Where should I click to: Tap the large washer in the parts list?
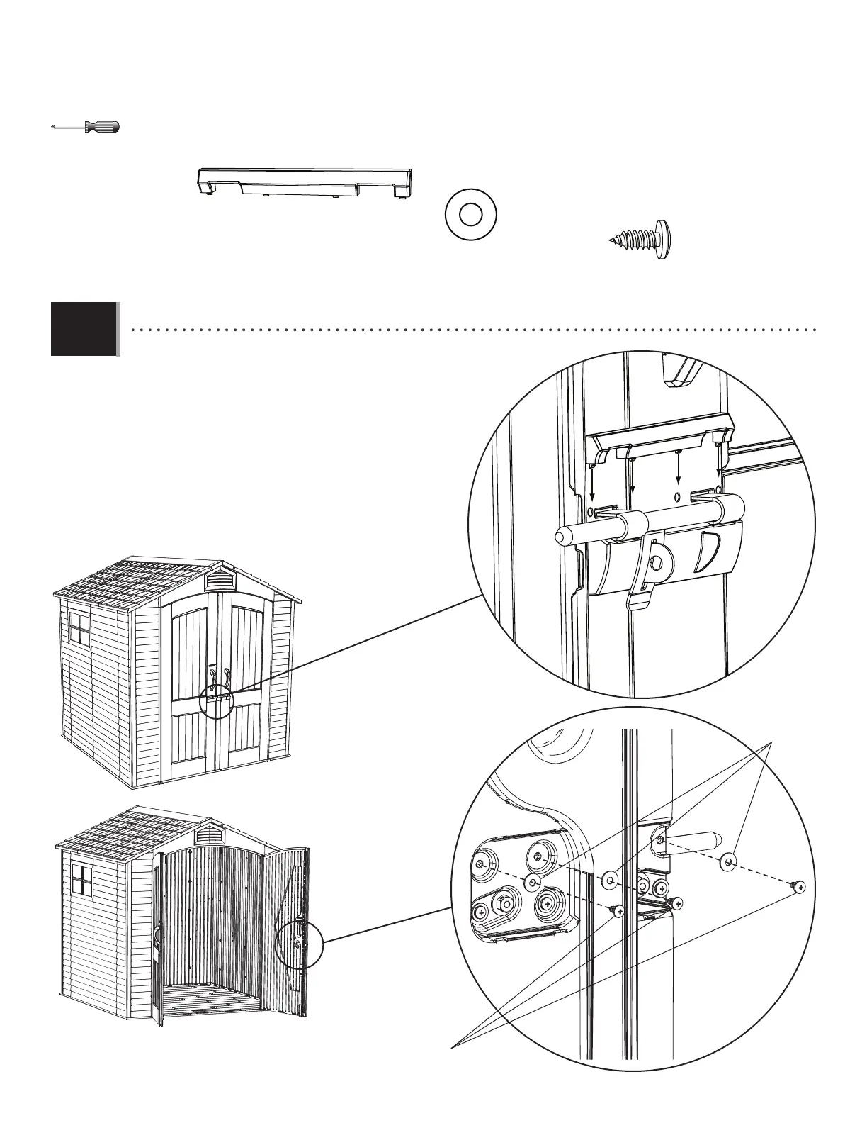pos(470,213)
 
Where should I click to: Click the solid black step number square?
pos(84,328)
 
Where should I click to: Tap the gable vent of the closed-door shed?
pos(220,580)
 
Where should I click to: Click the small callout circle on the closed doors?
pos(217,702)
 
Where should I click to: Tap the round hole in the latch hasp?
pos(656,562)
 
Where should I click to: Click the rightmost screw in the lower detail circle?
pos(800,886)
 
